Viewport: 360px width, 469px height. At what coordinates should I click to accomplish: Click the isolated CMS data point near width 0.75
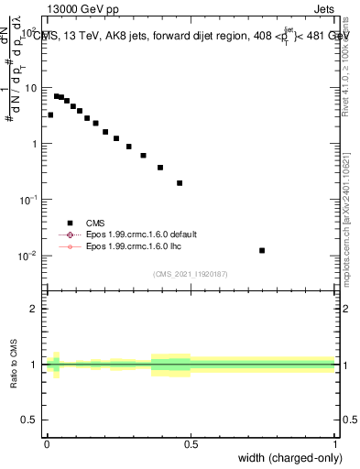point(262,250)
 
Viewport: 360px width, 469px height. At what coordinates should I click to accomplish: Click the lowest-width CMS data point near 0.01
point(50,115)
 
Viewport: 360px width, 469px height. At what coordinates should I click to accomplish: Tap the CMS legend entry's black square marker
point(70,222)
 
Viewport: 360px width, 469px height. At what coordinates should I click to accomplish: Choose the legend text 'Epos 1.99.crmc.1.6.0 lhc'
point(131,247)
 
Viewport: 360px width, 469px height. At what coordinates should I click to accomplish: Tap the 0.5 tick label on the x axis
point(191,444)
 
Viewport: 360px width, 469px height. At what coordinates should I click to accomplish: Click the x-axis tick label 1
point(334,444)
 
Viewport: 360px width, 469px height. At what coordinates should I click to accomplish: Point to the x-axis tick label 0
point(47,444)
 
